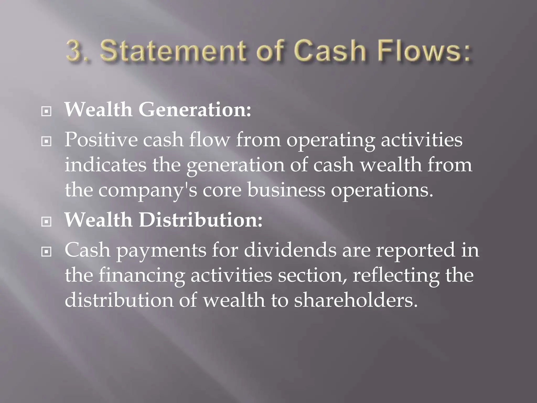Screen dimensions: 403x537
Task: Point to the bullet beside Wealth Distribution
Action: [x=46, y=222]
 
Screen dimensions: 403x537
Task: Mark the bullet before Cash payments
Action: [x=46, y=252]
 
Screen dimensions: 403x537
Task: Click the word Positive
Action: [x=101, y=140]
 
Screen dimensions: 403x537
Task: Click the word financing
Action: [x=142, y=275]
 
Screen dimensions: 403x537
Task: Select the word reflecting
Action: [x=396, y=275]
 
